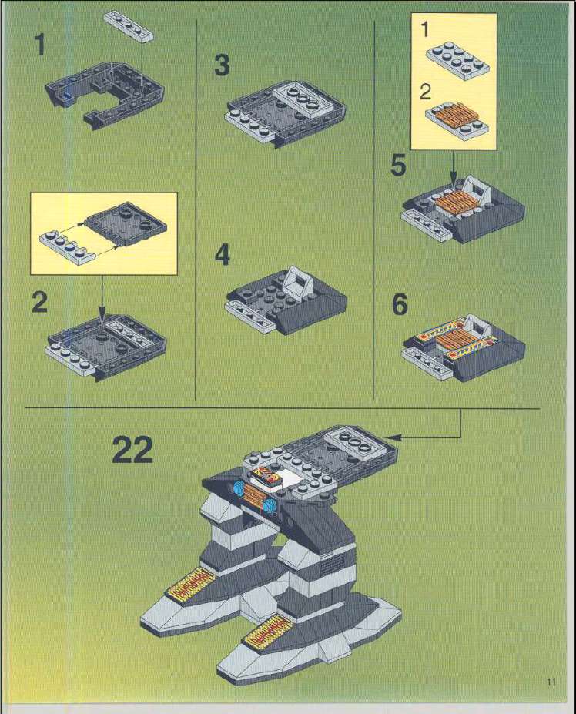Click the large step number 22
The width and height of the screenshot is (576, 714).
[x=132, y=450]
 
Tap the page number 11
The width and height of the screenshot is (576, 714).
[x=551, y=682]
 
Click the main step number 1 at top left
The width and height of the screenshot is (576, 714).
[x=41, y=45]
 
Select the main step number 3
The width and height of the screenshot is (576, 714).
[x=222, y=65]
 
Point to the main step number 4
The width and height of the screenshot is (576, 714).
[x=223, y=255]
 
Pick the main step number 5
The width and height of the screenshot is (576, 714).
[x=398, y=166]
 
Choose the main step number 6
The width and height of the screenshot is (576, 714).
[x=400, y=305]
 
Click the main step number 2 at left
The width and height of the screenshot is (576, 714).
[x=39, y=302]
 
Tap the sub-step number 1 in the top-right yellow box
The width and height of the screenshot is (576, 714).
[x=425, y=29]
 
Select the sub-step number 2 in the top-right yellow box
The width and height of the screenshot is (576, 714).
[x=425, y=92]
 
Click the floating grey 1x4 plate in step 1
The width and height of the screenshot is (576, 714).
[x=129, y=27]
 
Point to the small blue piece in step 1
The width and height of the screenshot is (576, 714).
[x=67, y=96]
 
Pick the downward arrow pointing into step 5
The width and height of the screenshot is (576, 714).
[x=453, y=169]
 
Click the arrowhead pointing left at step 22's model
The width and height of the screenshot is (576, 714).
[x=395, y=437]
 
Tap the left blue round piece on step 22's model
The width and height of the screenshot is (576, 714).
[x=239, y=489]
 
